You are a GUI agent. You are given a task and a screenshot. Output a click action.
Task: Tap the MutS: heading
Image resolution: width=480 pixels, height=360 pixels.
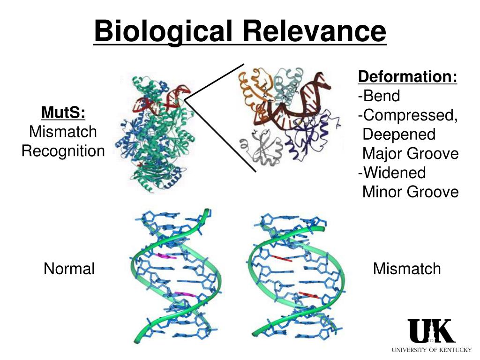click(x=63, y=112)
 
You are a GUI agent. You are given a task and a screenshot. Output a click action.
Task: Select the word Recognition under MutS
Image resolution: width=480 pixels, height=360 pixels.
click(x=63, y=151)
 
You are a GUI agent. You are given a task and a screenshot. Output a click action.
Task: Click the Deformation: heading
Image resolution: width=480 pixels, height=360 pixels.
click(x=407, y=76)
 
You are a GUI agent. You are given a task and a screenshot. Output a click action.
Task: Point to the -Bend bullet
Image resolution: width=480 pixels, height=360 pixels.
click(x=379, y=96)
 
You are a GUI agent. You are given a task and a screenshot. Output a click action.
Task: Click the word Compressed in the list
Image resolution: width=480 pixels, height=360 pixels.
click(x=410, y=115)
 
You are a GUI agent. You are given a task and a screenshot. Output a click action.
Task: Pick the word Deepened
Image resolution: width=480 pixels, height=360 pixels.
click(x=399, y=135)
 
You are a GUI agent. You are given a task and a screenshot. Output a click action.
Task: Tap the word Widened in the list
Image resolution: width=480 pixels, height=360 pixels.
click(x=395, y=172)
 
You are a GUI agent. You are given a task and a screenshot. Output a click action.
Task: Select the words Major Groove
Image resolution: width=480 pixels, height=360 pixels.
click(x=411, y=153)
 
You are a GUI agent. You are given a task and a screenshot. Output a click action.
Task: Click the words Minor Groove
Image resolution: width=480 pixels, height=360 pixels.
click(x=411, y=192)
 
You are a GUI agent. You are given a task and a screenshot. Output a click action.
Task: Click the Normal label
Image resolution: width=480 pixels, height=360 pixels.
click(x=69, y=269)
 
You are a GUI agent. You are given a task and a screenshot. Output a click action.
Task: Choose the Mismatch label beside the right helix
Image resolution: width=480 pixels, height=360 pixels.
click(x=407, y=269)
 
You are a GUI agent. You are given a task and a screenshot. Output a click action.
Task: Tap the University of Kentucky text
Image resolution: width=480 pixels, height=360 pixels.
click(x=432, y=350)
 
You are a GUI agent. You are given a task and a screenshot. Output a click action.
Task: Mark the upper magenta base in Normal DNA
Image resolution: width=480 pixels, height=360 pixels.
click(x=166, y=256)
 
